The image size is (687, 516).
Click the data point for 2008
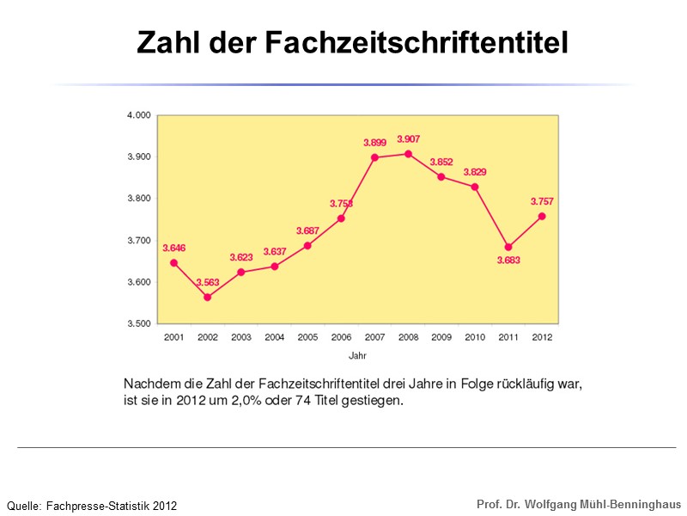pos(408,154)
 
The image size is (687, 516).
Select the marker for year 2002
pos(207,297)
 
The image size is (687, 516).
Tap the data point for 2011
pos(508,247)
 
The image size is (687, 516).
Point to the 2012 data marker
pos(542,217)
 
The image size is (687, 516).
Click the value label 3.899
pos(374,142)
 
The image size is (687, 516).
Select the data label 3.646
pos(174,248)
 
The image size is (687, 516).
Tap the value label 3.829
pos(475,172)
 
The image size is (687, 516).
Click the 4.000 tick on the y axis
pos(139,114)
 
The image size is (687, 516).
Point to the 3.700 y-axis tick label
pos(139,241)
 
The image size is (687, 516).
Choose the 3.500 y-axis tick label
pos(139,324)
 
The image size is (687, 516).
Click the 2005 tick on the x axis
pos(307,337)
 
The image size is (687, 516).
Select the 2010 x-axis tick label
pos(475,337)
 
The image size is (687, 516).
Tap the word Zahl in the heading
pos(167,41)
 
